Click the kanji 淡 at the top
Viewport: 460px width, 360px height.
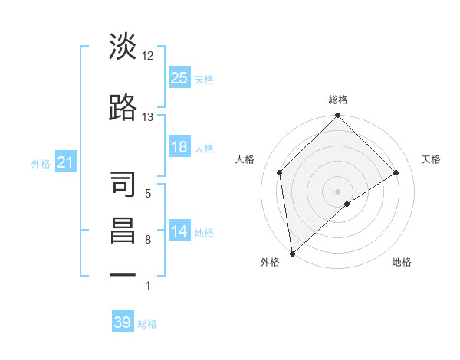[123, 47]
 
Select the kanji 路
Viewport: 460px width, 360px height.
[123, 108]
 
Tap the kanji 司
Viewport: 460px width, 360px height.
[123, 185]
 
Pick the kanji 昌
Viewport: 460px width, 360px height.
[123, 231]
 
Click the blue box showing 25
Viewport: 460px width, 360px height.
[179, 77]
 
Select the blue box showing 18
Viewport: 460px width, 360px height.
[179, 147]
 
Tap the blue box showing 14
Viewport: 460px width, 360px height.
[179, 231]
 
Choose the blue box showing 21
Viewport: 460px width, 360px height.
[65, 162]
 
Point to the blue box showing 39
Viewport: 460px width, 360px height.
[123, 322]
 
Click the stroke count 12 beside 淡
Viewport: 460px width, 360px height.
[148, 55]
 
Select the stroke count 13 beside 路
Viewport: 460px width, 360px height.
[148, 116]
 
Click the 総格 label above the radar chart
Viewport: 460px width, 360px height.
[337, 100]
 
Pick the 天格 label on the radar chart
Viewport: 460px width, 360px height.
[431, 159]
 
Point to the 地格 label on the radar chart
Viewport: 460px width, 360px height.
[402, 262]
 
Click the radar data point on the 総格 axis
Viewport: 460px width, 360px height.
[337, 116]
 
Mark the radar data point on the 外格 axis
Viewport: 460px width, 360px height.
[292, 253]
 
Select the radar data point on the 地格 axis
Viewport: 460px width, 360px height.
[347, 204]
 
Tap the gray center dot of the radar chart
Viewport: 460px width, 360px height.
[337, 191]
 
